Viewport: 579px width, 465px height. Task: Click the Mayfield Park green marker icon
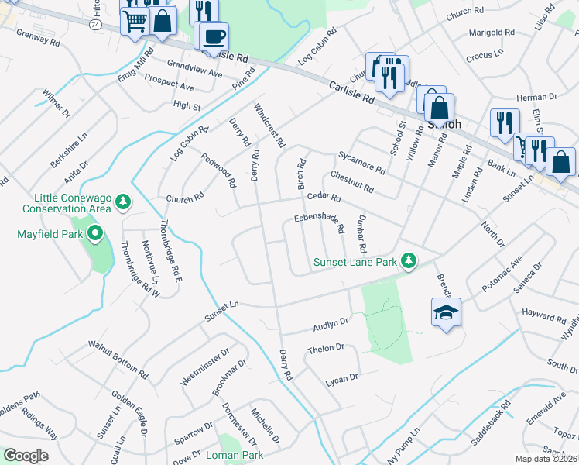pyautogui.click(x=95, y=232)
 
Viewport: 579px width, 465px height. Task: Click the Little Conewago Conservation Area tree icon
pyautogui.click(x=122, y=202)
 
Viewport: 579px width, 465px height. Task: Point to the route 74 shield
pyautogui.click(x=94, y=25)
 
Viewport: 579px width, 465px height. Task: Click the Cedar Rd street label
pyautogui.click(x=324, y=198)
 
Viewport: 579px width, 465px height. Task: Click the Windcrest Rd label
pyautogui.click(x=270, y=126)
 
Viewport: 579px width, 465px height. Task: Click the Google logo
pyautogui.click(x=26, y=456)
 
